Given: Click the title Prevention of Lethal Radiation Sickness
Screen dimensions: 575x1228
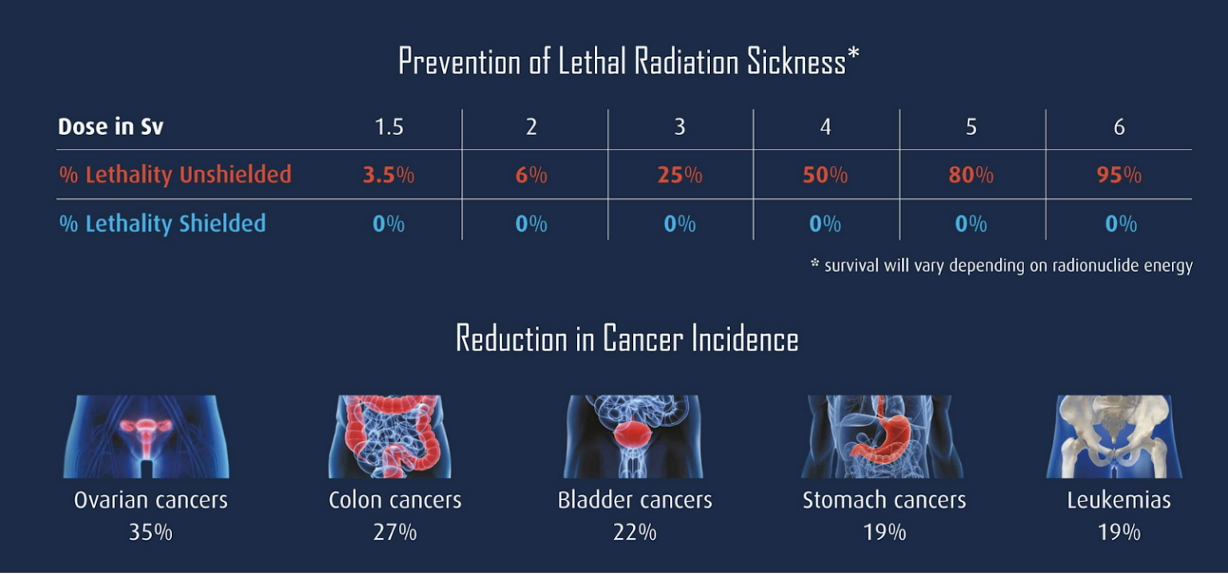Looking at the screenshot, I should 628,62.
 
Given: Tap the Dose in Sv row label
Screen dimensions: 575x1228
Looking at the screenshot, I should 111,126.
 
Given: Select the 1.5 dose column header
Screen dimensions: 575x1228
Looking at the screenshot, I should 389,127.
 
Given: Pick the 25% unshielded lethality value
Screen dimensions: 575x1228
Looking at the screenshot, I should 680,175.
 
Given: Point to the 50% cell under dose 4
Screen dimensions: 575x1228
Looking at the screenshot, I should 825,175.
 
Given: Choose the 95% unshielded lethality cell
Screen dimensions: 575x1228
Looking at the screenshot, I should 1118,175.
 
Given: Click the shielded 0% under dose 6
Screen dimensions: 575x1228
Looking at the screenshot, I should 1120,224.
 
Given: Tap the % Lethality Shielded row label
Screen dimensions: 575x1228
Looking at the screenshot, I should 162,223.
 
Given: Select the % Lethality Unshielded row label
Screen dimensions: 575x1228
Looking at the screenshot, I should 175,174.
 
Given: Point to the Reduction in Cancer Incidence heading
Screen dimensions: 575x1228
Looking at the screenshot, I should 627,338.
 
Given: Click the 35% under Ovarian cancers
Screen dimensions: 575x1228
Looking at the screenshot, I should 150,532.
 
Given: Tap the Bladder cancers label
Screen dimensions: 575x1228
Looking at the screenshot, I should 635,501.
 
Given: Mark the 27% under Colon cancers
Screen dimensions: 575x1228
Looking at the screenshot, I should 395,532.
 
